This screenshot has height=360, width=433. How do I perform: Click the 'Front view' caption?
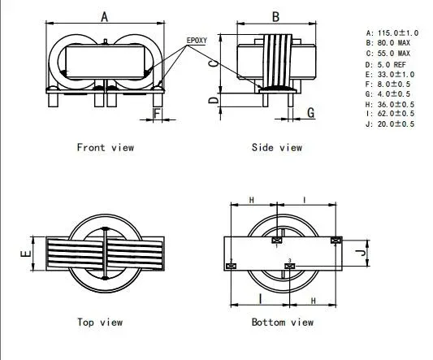point(105,147)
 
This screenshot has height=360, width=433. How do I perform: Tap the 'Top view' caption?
point(100,323)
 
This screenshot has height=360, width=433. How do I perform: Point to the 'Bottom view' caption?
point(282,323)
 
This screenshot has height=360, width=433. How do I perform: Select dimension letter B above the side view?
point(275,16)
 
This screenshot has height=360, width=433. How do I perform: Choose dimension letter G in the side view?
point(310,113)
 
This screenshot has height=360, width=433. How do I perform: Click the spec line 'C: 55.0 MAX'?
point(388,53)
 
